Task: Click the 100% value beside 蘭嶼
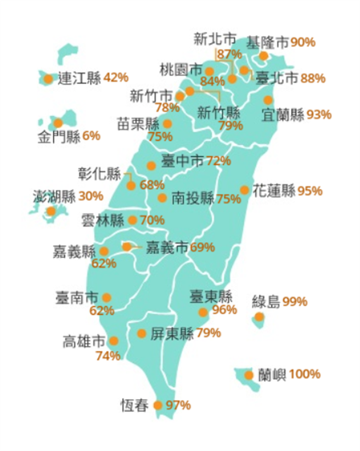pos(304,375)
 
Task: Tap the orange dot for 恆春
pos(158,405)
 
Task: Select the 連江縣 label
pos(80,78)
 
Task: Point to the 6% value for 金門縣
pos(92,136)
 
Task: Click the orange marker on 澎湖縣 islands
pos(51,211)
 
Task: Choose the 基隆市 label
pos(267,42)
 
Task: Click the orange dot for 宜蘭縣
pos(268,100)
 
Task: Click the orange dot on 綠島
pos(259,317)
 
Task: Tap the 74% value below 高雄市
pos(108,356)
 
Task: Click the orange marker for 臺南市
pos(106,297)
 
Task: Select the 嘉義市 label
pos(167,247)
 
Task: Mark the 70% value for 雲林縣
pos(152,221)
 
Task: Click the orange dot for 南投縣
pos(162,198)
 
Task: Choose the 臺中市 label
pos(183,161)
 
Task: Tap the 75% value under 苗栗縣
pos(160,137)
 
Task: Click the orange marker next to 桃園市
pos(209,71)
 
